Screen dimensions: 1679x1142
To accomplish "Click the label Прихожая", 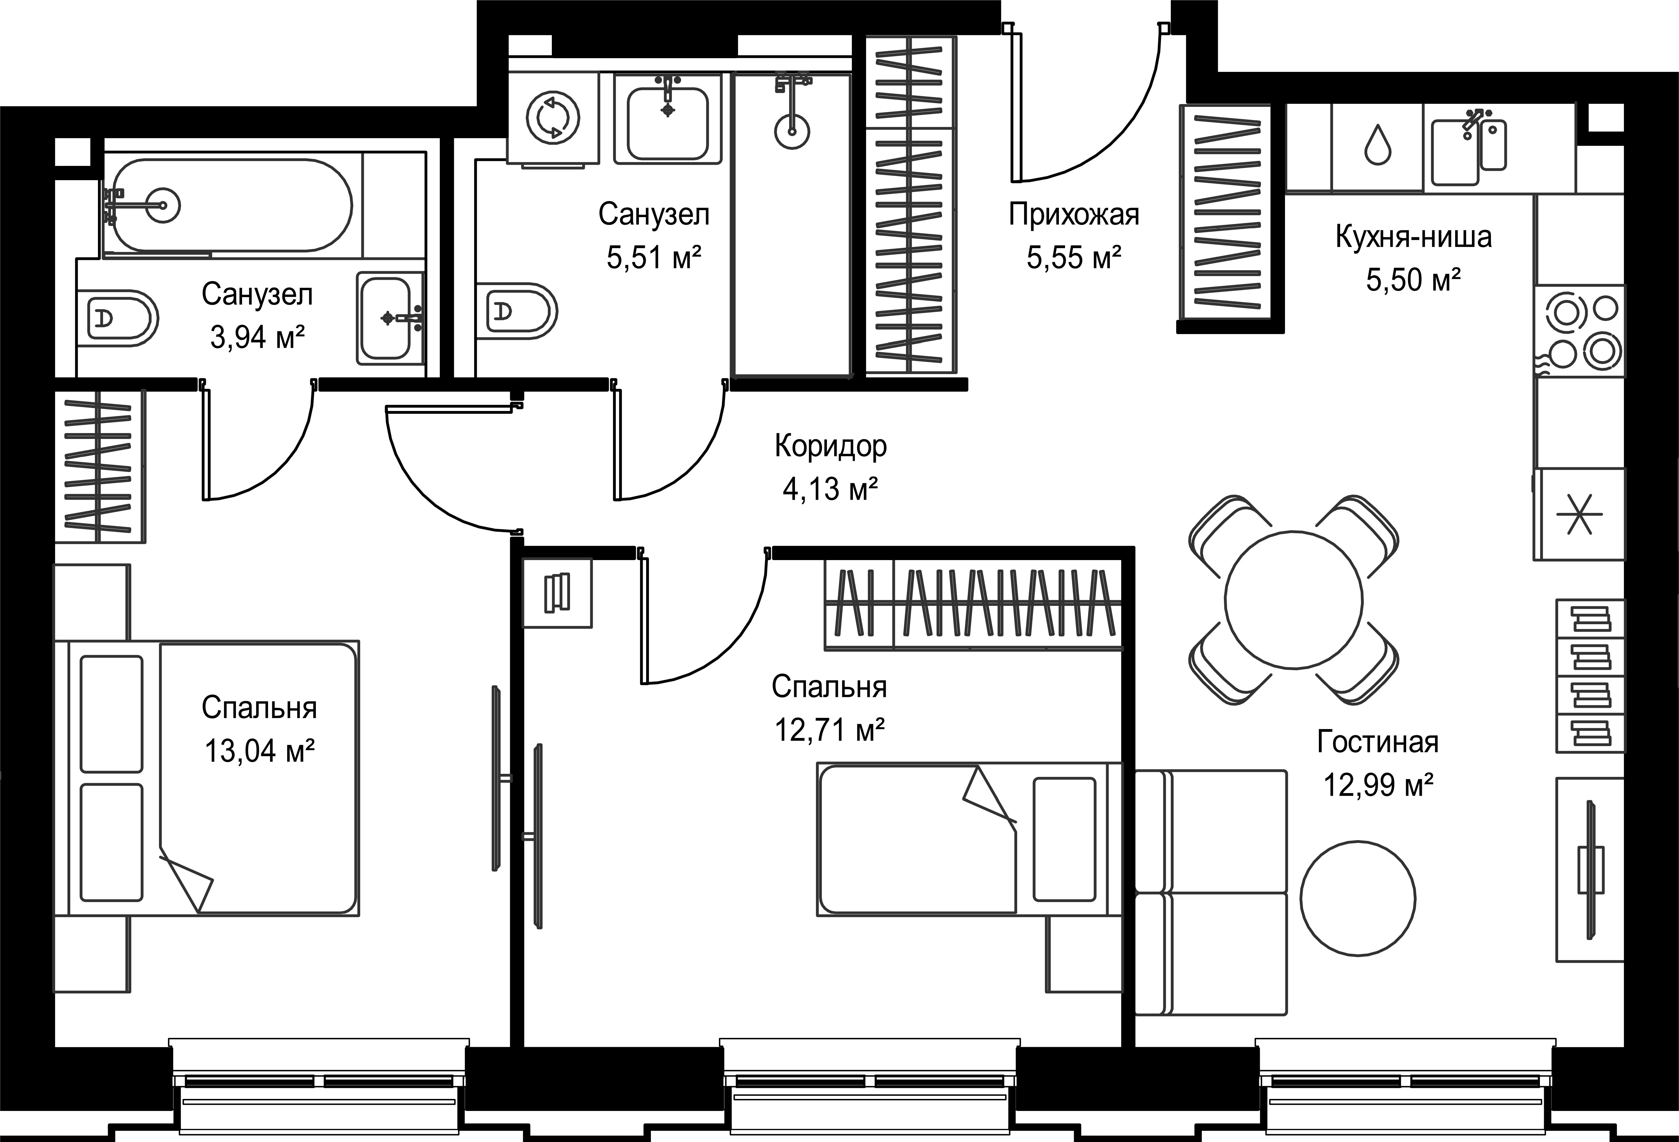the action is coord(1073,215).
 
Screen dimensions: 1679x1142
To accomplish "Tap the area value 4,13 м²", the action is coord(831,489).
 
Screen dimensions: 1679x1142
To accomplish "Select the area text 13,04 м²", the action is coord(259,751).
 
